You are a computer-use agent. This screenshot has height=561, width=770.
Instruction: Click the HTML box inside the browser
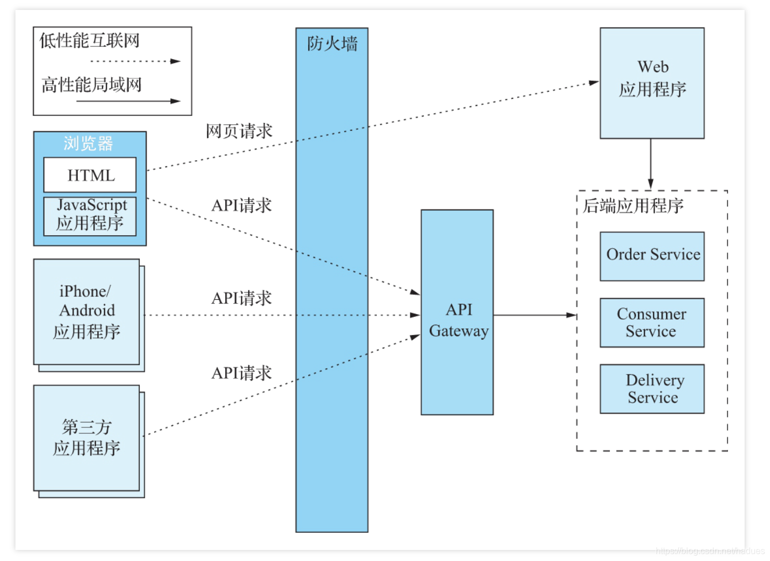[x=90, y=175]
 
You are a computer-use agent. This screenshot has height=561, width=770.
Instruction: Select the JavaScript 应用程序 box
[x=90, y=216]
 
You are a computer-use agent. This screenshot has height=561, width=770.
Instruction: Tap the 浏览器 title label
[x=88, y=144]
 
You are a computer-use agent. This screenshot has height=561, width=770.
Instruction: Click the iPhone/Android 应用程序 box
[x=87, y=311]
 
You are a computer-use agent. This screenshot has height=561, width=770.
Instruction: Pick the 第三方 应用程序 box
[x=87, y=437]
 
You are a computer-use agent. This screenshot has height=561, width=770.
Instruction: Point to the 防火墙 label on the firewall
[x=332, y=44]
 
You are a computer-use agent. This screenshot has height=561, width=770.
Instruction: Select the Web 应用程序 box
[x=652, y=83]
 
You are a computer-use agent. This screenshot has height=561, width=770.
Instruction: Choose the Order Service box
[x=652, y=256]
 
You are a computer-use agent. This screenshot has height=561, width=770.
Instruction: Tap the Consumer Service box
[x=652, y=322]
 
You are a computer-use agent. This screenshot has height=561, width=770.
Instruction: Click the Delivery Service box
[x=652, y=389]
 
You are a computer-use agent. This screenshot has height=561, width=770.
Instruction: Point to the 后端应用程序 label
[x=633, y=206]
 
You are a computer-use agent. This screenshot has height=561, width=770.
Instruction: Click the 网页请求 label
[x=239, y=131]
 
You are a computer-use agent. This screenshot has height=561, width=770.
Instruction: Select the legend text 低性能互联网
[x=89, y=40]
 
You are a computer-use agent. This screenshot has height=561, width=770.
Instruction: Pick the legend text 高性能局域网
[x=92, y=84]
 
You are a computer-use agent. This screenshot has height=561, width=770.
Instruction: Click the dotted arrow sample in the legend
[x=135, y=61]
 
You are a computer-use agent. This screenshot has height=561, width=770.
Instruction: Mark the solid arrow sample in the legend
[x=128, y=101]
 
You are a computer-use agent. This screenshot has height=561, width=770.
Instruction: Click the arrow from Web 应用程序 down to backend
[x=651, y=163]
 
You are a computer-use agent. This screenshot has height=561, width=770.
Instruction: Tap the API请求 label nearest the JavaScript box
[x=241, y=205]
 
